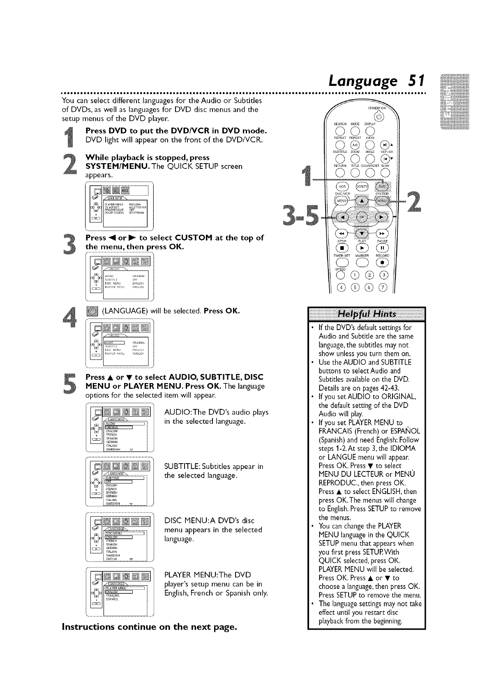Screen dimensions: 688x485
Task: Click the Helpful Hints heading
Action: (x=367, y=314)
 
